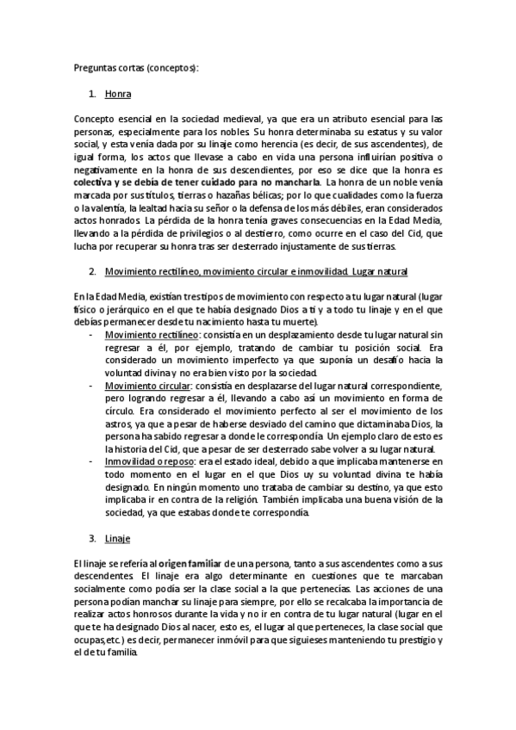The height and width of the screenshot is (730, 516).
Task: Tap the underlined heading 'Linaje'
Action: point(117,539)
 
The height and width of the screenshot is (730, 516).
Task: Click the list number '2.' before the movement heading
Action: point(93,272)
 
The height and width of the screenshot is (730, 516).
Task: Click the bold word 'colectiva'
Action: point(96,182)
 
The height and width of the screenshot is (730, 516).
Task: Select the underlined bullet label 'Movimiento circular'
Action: point(148,387)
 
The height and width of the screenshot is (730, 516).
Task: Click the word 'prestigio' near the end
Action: point(409,640)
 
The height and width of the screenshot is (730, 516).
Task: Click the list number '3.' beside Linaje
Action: point(93,539)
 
